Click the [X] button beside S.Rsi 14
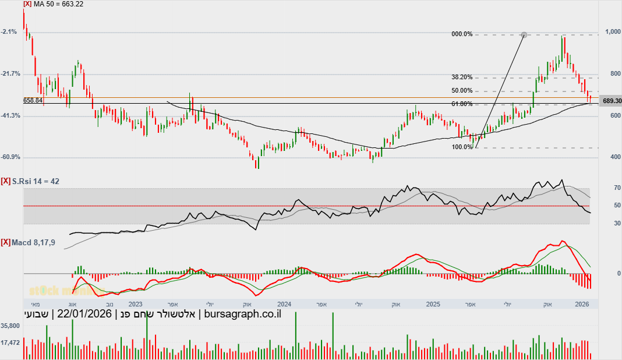tap(6, 182)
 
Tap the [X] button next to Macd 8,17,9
tap(6, 242)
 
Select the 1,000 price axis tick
tap(612, 32)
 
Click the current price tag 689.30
tap(612, 101)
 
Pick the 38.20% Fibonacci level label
tap(462, 77)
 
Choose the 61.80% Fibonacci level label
tap(462, 104)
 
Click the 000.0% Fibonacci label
tap(462, 34)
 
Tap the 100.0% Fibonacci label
tap(462, 147)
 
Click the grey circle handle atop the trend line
tap(524, 35)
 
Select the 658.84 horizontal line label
tap(33, 100)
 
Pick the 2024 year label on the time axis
tap(284, 304)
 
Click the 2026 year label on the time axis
tap(581, 304)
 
